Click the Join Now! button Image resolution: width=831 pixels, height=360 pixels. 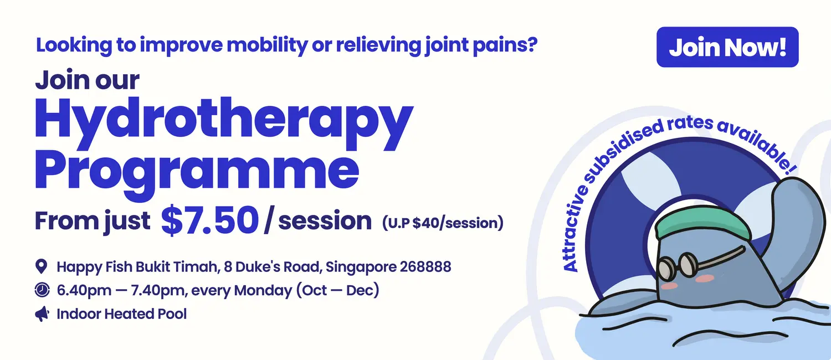coord(727,47)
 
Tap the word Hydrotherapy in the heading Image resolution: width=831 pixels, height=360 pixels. coord(224,124)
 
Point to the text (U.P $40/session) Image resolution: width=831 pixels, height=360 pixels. coord(443,223)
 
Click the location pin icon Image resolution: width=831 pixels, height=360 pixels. coord(41,266)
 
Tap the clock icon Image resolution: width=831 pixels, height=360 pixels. coord(42,290)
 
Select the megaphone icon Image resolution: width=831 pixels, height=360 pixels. coord(42,314)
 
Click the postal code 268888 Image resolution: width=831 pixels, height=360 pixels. coord(425,266)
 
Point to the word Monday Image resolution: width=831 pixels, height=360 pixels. coord(263,290)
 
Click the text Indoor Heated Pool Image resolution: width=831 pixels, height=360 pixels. coord(122,314)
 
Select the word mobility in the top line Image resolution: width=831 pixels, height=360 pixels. coord(267,45)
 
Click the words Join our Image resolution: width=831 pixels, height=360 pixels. coord(87,80)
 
